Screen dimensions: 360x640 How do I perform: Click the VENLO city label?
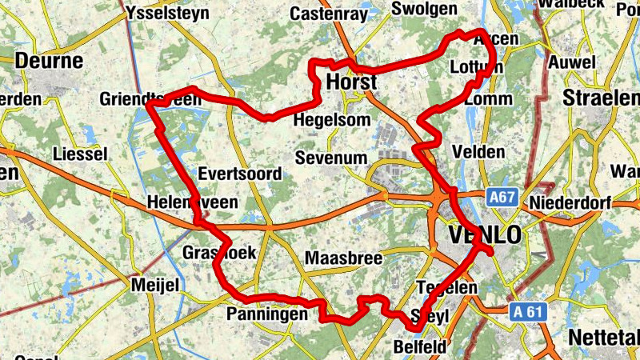pos(486,234)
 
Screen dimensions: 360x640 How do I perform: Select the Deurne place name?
pos(50,61)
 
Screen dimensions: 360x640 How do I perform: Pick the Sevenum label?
pos(330,157)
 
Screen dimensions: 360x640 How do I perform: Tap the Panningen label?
pos(267,314)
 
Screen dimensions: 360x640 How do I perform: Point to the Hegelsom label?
pos(332,119)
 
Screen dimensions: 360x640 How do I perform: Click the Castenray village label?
pos(329,14)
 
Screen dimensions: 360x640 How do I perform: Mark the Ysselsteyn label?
pos(169,14)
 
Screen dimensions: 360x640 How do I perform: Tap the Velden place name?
pos(478,151)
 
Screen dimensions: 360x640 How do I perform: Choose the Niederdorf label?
pos(570,203)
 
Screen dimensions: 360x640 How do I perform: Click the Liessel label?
pos(79,154)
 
